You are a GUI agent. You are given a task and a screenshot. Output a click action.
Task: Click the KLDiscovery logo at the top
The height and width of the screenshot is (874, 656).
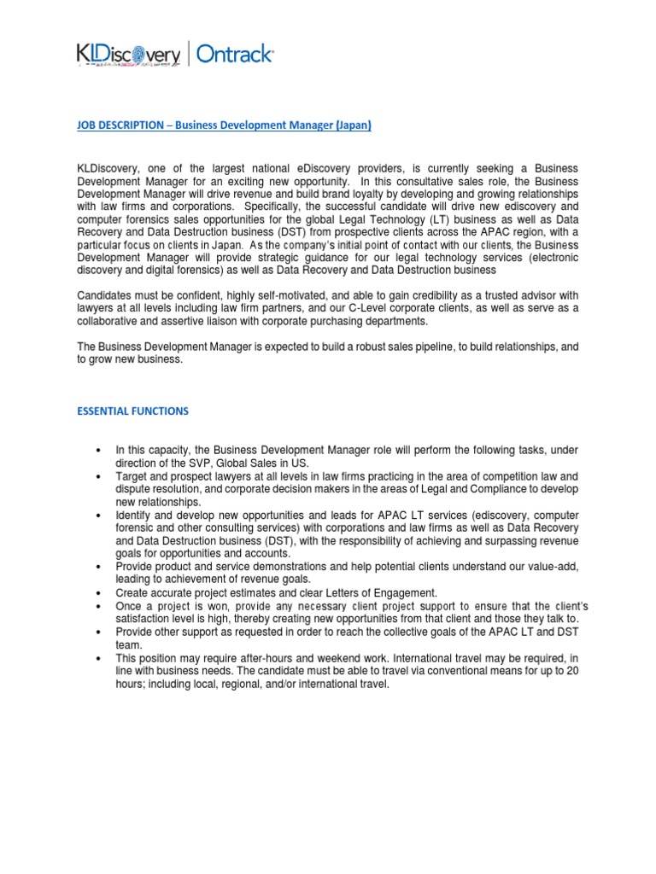128,55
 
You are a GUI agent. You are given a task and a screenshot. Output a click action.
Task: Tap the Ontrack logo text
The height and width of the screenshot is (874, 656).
235,55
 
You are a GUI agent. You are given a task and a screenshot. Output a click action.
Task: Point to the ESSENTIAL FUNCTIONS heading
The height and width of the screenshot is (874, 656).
132,411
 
